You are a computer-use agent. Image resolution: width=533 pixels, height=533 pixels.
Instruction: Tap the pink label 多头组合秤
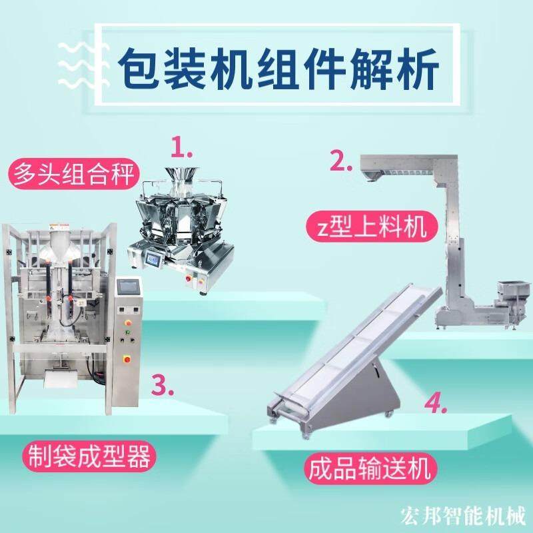[73, 175]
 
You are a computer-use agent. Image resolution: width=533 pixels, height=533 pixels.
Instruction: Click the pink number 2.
[341, 161]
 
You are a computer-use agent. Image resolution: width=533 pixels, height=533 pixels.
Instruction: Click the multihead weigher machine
[181, 226]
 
